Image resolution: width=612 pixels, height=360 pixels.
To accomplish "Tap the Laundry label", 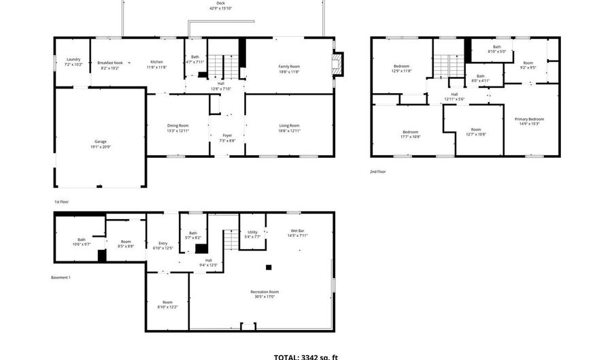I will coord(73,59).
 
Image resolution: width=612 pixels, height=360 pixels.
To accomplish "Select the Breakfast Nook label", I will coord(109,62).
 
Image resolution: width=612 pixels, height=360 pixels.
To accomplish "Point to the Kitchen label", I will coord(156,62).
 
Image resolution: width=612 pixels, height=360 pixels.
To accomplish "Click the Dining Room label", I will coord(178,125).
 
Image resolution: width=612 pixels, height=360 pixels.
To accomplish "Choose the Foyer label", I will coord(227,135).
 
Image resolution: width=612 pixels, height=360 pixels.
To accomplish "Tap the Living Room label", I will coord(289,125).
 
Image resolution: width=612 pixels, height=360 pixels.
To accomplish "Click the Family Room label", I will coord(289,66).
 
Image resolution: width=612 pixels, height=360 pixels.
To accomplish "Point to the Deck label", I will coord(221,3).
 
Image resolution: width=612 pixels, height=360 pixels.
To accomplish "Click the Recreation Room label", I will coord(265,291).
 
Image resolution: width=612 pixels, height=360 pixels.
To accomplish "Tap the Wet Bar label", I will coord(298,231).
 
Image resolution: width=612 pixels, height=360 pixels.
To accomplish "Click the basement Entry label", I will coord(163,243).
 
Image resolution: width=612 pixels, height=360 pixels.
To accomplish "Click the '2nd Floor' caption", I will coord(378,171).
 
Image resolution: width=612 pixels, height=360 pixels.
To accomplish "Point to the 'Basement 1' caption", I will coord(61,278).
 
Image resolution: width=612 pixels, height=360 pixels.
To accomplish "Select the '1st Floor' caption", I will coord(61,201).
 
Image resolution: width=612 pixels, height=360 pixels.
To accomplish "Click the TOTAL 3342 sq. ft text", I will coord(305,356).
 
